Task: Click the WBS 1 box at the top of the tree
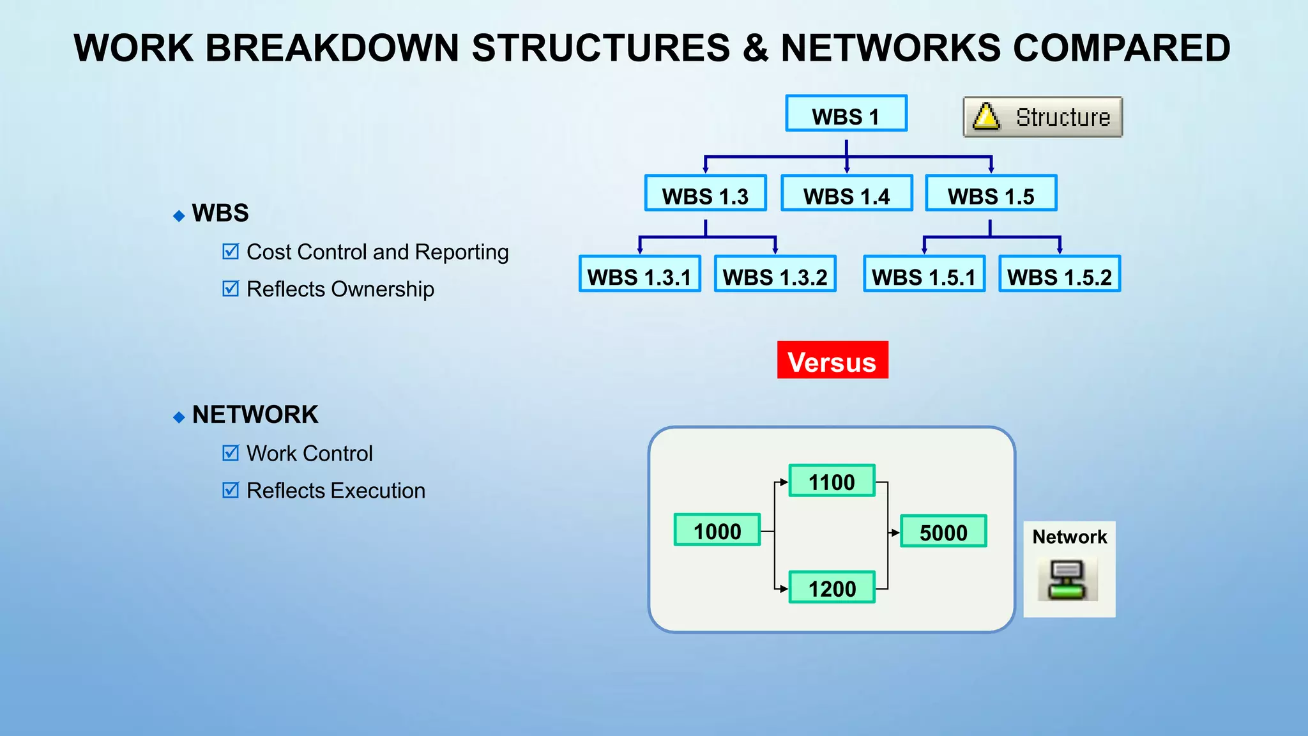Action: click(x=846, y=114)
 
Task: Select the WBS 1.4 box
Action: click(x=846, y=194)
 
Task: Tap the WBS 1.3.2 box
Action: click(x=775, y=275)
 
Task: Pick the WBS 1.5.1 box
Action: click(x=924, y=275)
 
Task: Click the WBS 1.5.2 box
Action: click(x=1060, y=275)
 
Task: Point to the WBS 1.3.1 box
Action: click(x=639, y=275)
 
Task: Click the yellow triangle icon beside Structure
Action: click(x=986, y=117)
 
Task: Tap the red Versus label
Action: click(x=832, y=360)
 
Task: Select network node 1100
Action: click(x=832, y=481)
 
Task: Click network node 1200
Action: click(x=832, y=588)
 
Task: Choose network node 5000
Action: click(x=943, y=532)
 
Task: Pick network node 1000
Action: click(x=717, y=530)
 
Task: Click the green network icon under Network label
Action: click(x=1067, y=580)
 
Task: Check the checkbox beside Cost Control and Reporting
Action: click(x=231, y=252)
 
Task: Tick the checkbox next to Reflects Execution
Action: click(x=231, y=490)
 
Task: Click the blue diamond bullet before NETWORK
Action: click(x=179, y=418)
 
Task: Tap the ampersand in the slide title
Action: click(x=755, y=48)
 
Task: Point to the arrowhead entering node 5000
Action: click(x=895, y=532)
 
